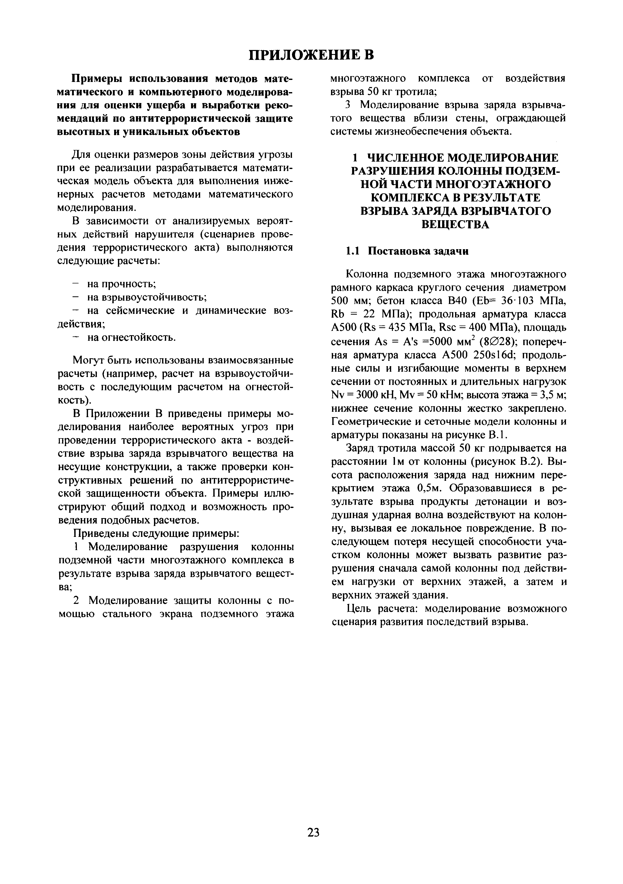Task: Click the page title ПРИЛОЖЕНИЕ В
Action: (x=311, y=55)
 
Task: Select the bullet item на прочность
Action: (x=121, y=284)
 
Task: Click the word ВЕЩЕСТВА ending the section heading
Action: (x=455, y=224)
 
